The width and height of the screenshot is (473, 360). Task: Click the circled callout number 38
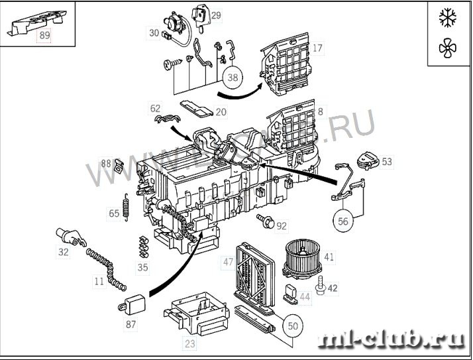pos(233,78)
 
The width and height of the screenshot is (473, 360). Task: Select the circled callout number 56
pos(343,221)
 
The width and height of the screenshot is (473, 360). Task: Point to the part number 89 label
pos(44,36)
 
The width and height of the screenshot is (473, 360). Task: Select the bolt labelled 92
pos(268,223)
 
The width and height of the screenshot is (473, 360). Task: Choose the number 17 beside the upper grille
pos(318,48)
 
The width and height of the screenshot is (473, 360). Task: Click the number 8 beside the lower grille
pos(321,112)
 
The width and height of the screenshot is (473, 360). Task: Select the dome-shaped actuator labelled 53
pos(366,160)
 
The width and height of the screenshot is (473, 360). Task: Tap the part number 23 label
pos(190,343)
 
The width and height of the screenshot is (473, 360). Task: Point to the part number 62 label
pos(155,108)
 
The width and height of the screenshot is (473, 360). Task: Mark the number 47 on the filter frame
pos(229,263)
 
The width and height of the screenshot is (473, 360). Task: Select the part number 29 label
pos(216,15)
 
